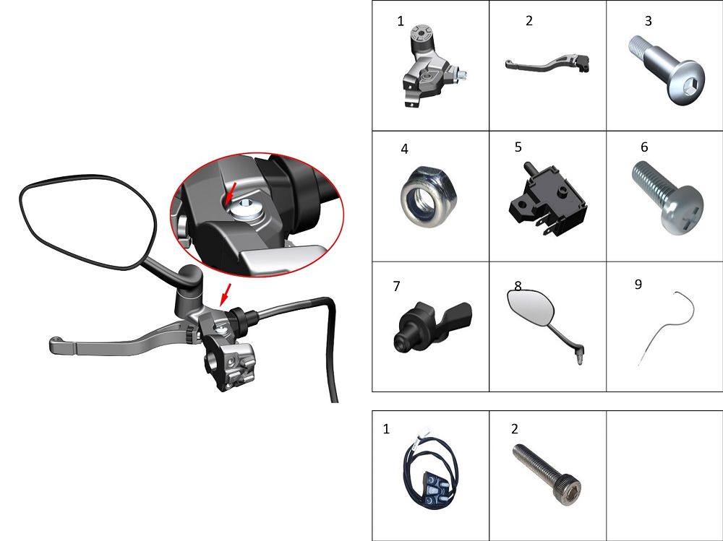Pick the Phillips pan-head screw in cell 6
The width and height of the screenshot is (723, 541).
pyautogui.click(x=667, y=197)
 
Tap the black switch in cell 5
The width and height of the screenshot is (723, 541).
pyautogui.click(x=547, y=199)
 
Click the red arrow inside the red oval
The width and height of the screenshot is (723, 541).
pyautogui.click(x=231, y=192)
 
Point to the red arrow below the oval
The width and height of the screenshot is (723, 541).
pyautogui.click(x=226, y=294)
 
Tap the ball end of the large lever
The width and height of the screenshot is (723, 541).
pyautogui.click(x=56, y=342)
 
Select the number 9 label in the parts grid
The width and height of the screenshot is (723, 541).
pyautogui.click(x=638, y=285)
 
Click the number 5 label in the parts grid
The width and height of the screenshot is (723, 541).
pyautogui.click(x=518, y=147)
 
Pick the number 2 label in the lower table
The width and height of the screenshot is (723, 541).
pyautogui.click(x=515, y=429)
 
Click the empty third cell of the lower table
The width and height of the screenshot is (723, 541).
pyautogui.click(x=664, y=475)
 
